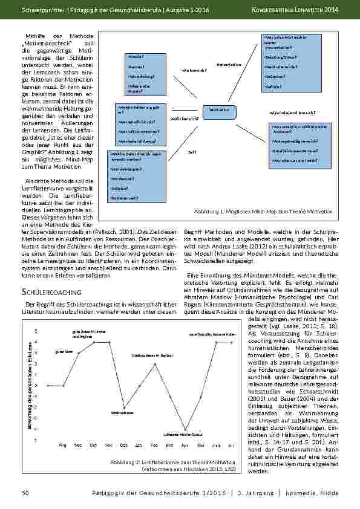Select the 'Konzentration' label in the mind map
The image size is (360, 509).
[x=228, y=64]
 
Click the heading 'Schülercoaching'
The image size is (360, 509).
[x=48, y=292]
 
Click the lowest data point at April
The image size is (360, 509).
[x=186, y=430]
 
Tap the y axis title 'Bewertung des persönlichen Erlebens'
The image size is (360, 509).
[x=29, y=386]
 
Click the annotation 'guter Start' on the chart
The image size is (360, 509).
[x=64, y=351]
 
